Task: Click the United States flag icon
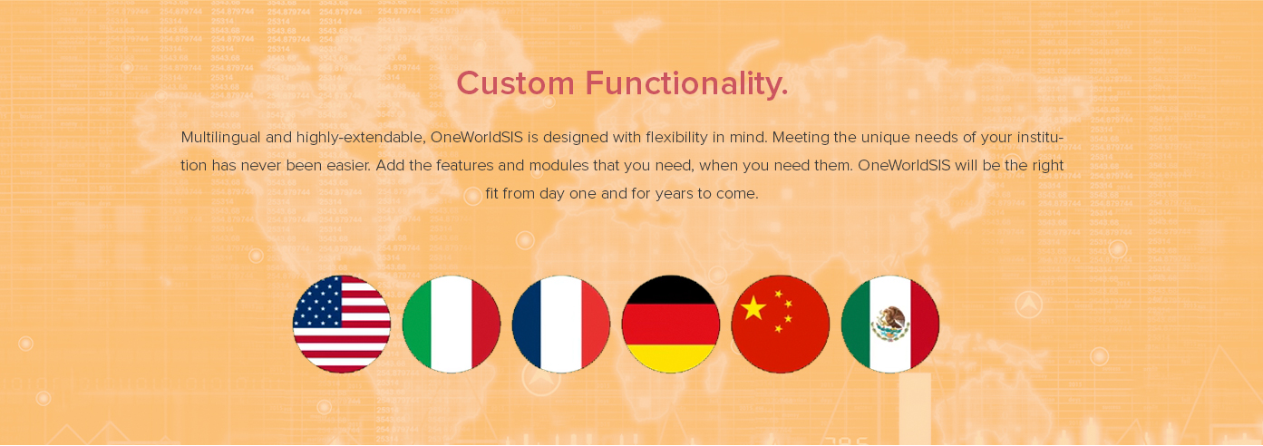point(342,325)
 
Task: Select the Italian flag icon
point(452,325)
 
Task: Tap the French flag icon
point(561,325)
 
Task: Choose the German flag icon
point(670,325)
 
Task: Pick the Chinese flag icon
point(781,325)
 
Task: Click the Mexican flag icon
point(889,325)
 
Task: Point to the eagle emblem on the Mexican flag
point(890,324)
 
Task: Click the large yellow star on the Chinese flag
point(753,308)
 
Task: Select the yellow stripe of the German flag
point(670,357)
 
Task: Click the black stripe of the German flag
point(670,290)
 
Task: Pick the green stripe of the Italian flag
point(417,325)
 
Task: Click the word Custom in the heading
point(515,83)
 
